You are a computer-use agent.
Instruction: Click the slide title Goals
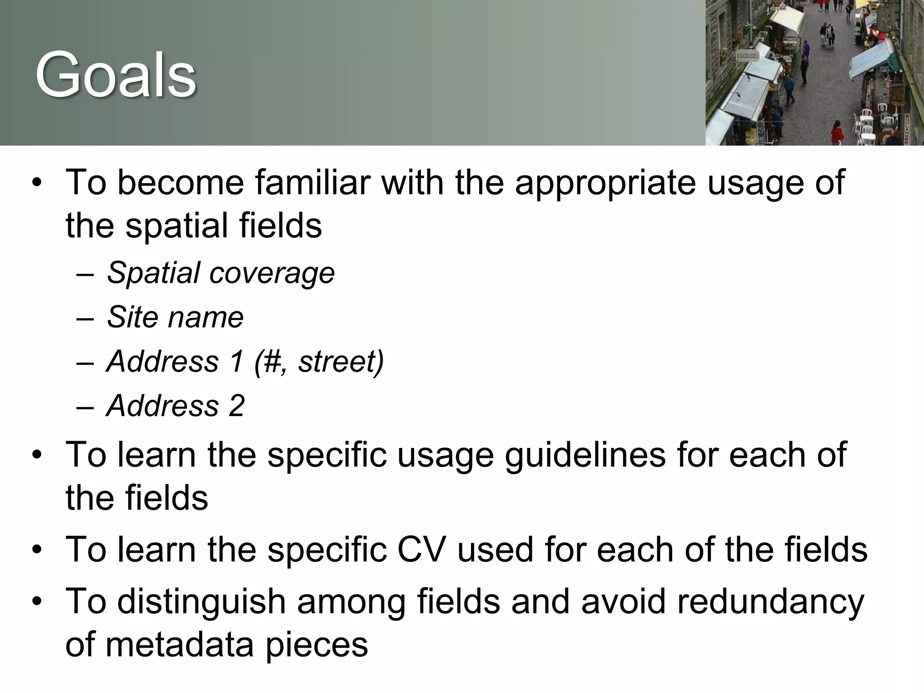pyautogui.click(x=115, y=75)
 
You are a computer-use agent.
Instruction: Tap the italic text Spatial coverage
pyautogui.click(x=221, y=273)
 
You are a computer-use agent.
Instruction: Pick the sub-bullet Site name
pyautogui.click(x=175, y=317)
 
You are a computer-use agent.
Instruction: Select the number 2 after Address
pyautogui.click(x=236, y=405)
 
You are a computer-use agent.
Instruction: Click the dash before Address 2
pyautogui.click(x=85, y=406)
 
